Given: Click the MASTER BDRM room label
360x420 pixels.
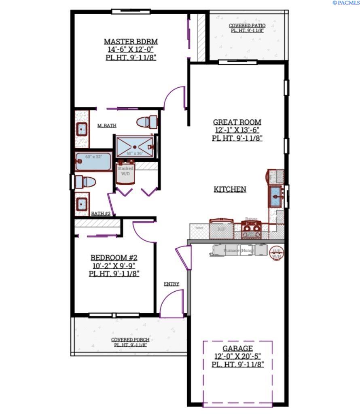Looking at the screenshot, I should click(131, 41).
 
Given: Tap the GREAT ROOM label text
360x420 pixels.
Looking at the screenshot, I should click(237, 122).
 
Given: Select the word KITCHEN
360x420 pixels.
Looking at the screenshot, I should click(230, 189).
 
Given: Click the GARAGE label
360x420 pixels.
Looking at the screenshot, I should click(237, 348).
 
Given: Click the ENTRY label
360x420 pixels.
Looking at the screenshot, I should click(172, 284).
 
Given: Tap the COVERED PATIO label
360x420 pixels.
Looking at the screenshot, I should click(247, 25).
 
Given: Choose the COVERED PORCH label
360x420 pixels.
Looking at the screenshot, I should click(130, 339).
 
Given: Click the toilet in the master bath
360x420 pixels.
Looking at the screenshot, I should click(146, 121).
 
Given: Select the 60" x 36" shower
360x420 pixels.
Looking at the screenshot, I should click(134, 146).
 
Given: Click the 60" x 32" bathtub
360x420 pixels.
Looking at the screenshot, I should click(93, 162).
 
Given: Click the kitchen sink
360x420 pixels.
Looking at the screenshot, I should click(277, 196).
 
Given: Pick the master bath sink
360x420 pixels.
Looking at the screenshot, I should click(82, 129).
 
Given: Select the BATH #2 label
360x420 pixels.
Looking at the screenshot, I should click(101, 213).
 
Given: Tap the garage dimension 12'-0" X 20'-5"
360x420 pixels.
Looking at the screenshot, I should click(237, 356).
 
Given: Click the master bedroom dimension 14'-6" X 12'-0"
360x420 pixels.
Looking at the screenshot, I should click(131, 49).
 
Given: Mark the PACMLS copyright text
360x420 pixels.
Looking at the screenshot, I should click(345, 3).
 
